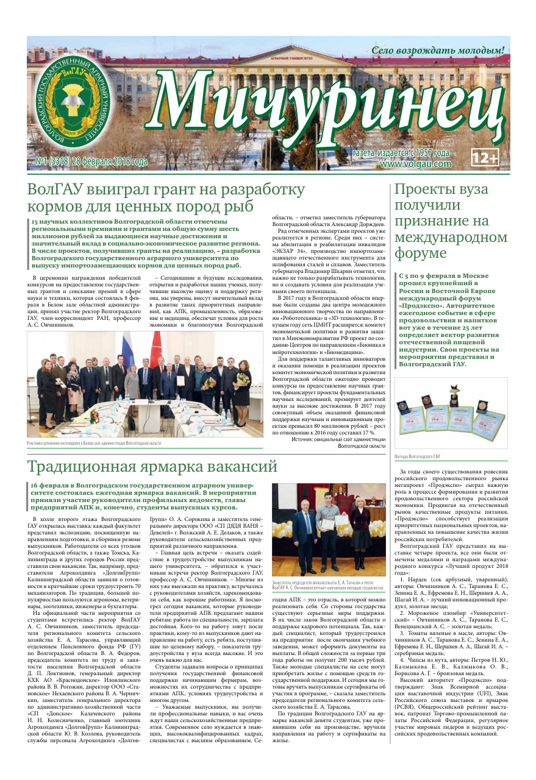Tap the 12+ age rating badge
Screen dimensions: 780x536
(485, 158)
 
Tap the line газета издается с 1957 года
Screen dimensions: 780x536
(401, 153)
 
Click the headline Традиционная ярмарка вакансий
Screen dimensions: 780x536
(152, 466)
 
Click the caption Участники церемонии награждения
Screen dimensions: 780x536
(95, 443)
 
